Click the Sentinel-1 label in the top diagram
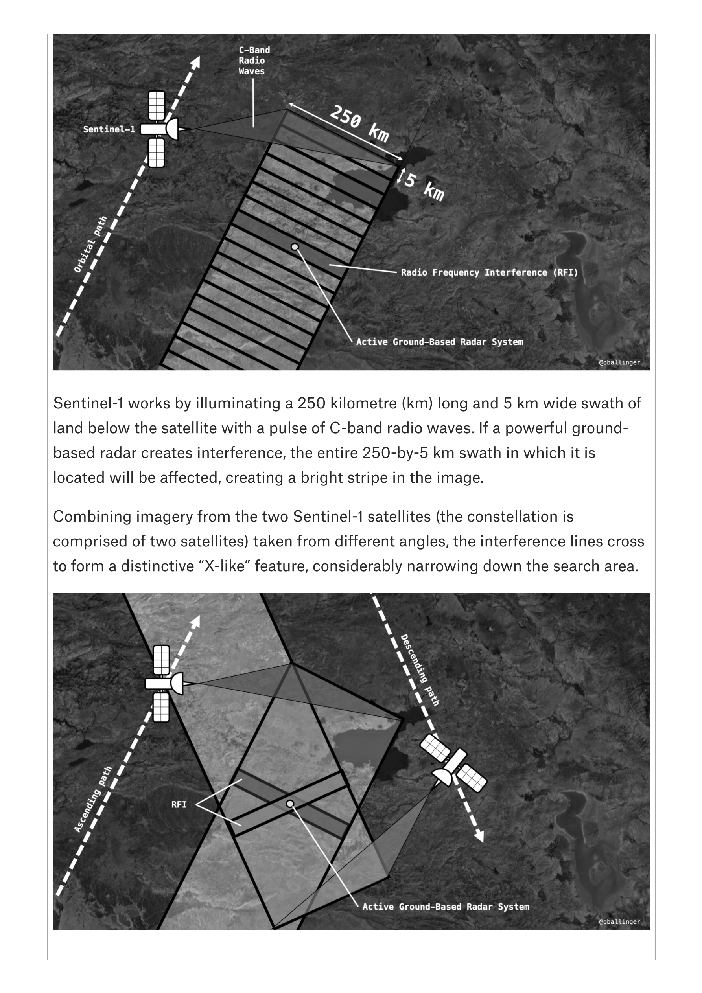click(109, 129)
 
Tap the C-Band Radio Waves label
click(254, 61)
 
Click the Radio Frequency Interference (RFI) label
click(489, 272)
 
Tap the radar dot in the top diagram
click(295, 247)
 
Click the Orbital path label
click(90, 245)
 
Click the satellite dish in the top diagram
click(172, 129)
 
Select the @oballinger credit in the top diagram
click(619, 362)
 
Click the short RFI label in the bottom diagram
click(179, 804)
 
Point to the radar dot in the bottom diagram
click(290, 804)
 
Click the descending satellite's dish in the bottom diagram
click(443, 777)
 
